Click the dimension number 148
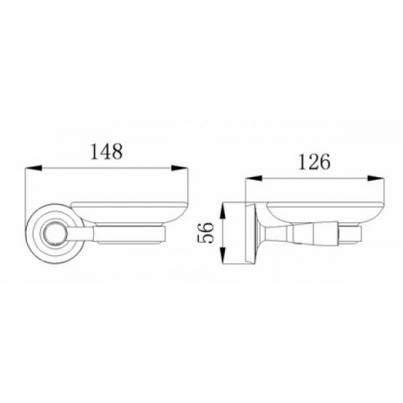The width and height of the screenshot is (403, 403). [x=107, y=151]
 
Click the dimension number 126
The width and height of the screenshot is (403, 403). [x=314, y=162]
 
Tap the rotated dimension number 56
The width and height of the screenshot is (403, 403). [x=206, y=233]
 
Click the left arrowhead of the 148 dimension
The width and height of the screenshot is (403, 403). [x=33, y=168]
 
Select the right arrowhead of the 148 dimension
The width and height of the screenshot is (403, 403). [x=180, y=168]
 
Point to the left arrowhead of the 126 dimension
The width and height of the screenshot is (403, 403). [x=253, y=178]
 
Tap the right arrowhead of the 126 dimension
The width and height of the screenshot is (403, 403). [x=376, y=178]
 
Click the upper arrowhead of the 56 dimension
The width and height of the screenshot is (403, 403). [x=223, y=211]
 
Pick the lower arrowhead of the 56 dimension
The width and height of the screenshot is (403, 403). [x=223, y=255]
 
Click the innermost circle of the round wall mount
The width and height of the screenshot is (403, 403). [x=54, y=235]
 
